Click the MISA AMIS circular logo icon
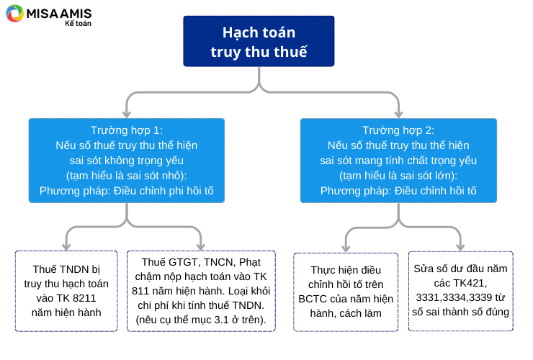[14, 13]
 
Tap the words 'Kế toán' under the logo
[79, 24]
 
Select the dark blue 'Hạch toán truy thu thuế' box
[259, 41]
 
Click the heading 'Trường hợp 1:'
[127, 130]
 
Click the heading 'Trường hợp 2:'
[398, 130]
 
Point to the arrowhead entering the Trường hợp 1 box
[127, 114]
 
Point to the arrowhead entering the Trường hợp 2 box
[398, 114]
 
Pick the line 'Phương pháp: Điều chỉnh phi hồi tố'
[127, 191]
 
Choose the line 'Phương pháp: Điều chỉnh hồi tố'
[398, 191]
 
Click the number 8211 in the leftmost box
[84, 298]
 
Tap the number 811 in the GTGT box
[140, 291]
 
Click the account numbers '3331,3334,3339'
[454, 297]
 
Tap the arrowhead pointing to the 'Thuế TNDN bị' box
[66, 246]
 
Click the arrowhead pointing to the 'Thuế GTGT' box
[201, 246]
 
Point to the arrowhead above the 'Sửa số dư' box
[460, 246]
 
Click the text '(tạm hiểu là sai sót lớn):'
[398, 176]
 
